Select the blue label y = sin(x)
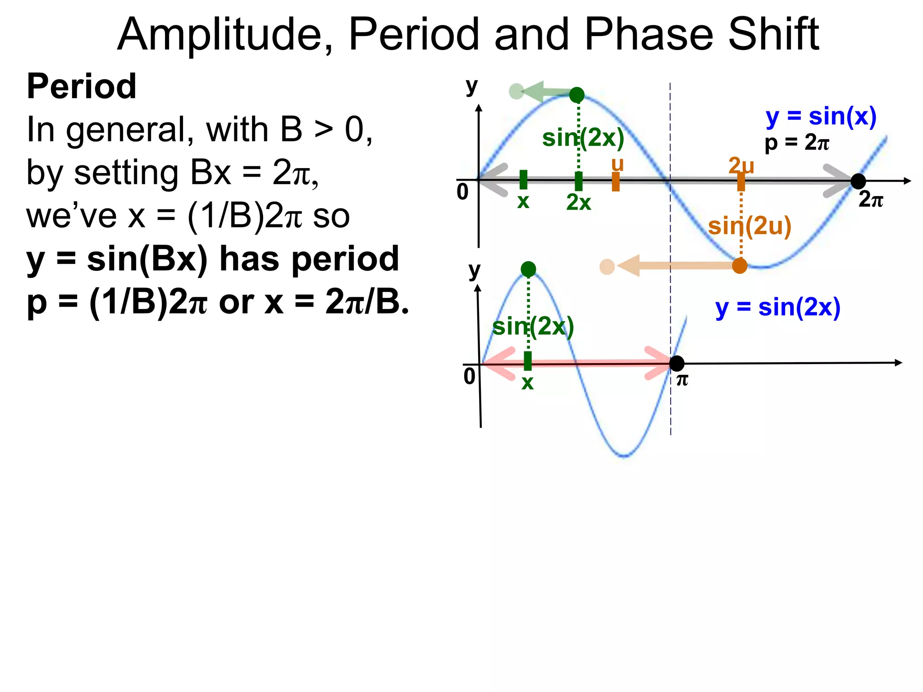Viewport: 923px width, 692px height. tap(821, 117)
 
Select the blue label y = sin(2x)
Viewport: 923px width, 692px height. tap(778, 308)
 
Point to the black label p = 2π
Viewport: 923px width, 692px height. tap(797, 143)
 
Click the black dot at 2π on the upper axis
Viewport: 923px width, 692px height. tap(858, 181)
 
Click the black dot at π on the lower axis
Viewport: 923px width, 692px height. tap(676, 363)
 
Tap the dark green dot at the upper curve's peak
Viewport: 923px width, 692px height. tap(577, 95)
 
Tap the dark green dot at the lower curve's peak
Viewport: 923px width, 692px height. tap(528, 269)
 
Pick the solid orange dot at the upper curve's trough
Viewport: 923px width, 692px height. tap(740, 266)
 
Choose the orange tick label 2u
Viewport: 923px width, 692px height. tap(741, 165)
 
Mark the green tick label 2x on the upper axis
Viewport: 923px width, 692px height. tap(578, 203)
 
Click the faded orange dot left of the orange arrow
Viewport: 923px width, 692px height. tap(607, 267)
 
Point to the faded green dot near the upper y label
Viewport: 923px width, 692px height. tap(516, 91)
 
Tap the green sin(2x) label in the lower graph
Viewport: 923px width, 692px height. tap(533, 327)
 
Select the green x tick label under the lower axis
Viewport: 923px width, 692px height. tap(527, 383)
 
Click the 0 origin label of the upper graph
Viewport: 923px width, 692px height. tap(463, 192)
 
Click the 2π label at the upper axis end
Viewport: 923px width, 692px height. tap(870, 200)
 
